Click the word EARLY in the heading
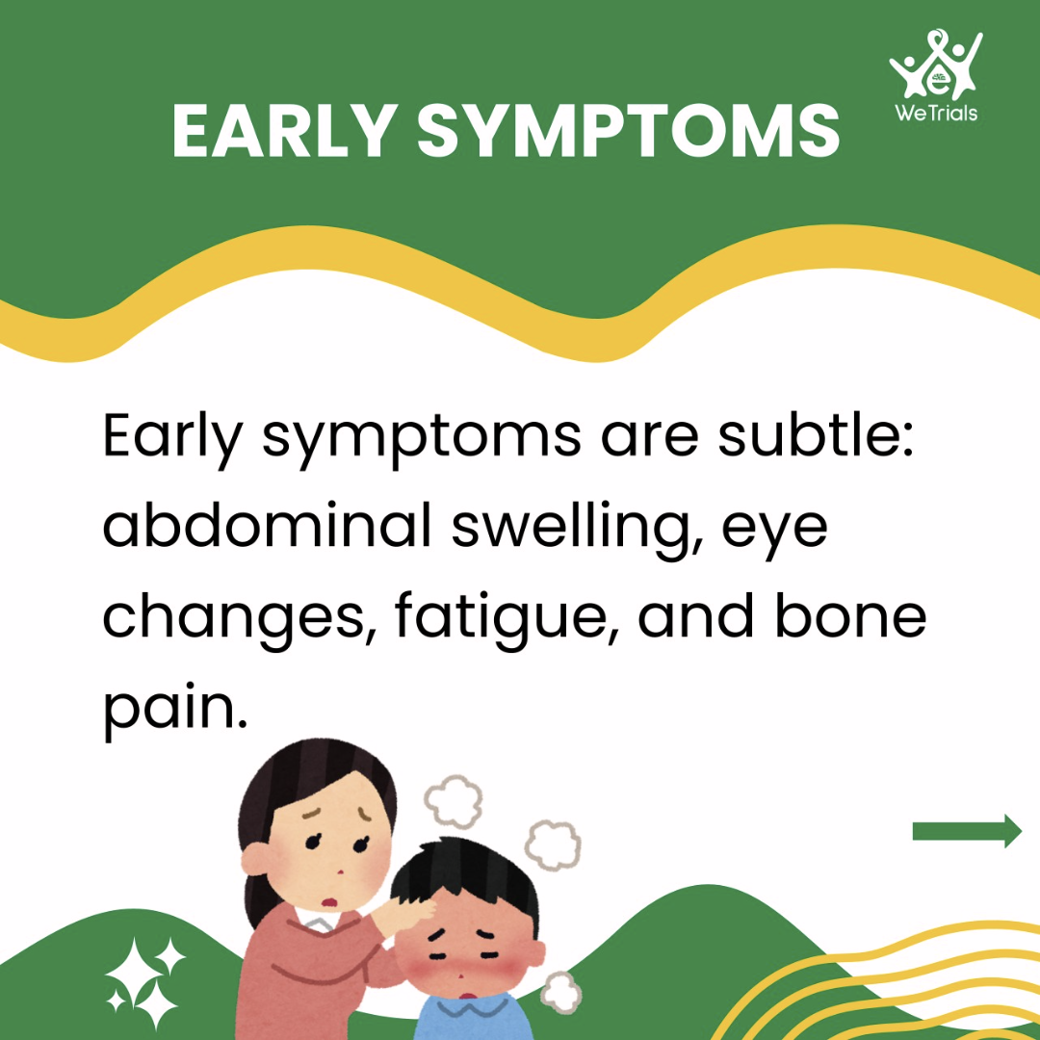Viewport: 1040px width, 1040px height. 284,130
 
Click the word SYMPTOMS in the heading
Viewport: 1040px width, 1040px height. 628,130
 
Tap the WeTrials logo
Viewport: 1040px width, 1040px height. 936,75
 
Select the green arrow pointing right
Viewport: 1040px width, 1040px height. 967,831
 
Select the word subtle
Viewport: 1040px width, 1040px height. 816,433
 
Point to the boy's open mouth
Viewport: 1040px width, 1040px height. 468,996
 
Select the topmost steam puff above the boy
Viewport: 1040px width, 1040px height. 454,801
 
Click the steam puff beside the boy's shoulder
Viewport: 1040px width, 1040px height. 561,993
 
